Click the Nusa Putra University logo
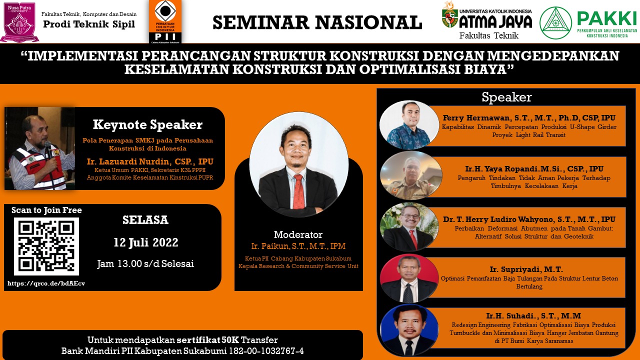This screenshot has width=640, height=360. pos(19,22)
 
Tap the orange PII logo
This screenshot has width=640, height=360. pos(165,21)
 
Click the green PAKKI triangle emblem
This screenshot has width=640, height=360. pos(555,22)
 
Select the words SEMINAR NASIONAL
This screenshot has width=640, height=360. pos(317,22)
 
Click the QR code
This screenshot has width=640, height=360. pos(46,246)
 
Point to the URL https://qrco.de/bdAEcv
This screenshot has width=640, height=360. pos(46,283)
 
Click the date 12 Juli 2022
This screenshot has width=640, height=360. pos(145,242)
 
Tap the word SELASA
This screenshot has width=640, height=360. pos(145,220)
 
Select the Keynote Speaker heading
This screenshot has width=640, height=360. pos(147,124)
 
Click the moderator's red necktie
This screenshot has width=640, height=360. pos(298,191)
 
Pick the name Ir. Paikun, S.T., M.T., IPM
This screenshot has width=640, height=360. pos(298,246)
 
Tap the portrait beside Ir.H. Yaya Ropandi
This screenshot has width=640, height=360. pos(411,175)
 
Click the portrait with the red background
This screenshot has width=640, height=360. pos(409,277)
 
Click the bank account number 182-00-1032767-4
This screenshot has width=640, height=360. pos(266,350)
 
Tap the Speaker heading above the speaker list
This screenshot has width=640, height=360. pos(506,97)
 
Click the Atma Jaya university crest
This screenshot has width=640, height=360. pos(449,17)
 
